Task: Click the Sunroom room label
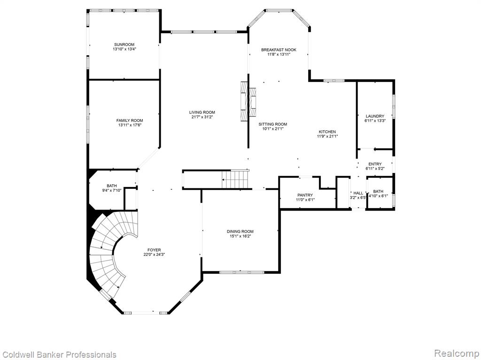(x=124, y=45)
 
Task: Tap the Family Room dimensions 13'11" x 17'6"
(x=130, y=125)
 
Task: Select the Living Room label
(x=202, y=112)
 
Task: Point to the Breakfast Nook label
(x=279, y=50)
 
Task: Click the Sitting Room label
(x=273, y=124)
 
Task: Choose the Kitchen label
(x=327, y=132)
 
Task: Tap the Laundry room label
(x=375, y=116)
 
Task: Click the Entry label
(x=375, y=165)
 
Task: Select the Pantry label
(x=305, y=195)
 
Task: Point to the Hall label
(x=358, y=193)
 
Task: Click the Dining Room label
(x=240, y=232)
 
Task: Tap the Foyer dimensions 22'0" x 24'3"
(x=154, y=255)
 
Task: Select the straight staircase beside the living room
(x=235, y=179)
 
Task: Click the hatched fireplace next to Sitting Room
(x=248, y=102)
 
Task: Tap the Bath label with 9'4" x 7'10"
(x=112, y=186)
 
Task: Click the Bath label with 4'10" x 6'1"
(x=378, y=191)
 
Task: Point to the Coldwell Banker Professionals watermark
(x=58, y=355)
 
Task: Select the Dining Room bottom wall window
(x=242, y=272)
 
